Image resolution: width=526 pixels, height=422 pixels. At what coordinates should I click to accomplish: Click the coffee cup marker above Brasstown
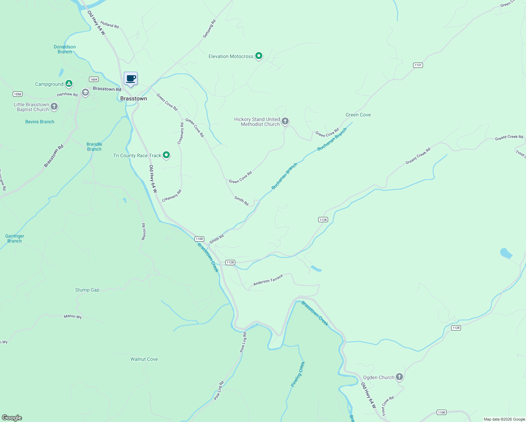pyautogui.click(x=130, y=79)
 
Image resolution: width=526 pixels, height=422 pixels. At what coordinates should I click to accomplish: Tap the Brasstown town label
pyautogui.click(x=134, y=98)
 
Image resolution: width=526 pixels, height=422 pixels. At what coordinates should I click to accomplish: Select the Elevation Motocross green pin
pyautogui.click(x=259, y=56)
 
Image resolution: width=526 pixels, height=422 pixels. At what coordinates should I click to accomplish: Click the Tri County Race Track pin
pyautogui.click(x=166, y=155)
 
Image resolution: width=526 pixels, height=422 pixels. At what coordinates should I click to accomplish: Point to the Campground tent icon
pyautogui.click(x=69, y=84)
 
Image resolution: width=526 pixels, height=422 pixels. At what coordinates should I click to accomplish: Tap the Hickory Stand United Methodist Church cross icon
pyautogui.click(x=285, y=121)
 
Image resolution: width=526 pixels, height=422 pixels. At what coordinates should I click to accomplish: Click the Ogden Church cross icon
pyautogui.click(x=399, y=377)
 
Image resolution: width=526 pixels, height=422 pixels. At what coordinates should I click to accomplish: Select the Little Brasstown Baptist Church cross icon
pyautogui.click(x=54, y=106)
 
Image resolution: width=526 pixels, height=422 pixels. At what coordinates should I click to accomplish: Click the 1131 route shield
pyautogui.click(x=418, y=65)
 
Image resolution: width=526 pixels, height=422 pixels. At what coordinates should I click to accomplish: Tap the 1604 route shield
pyautogui.click(x=94, y=79)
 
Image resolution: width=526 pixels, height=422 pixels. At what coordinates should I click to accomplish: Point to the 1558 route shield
pyautogui.click(x=17, y=94)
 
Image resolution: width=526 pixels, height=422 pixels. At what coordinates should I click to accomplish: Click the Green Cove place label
pyautogui.click(x=358, y=115)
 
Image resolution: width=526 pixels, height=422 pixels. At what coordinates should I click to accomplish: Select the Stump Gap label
pyautogui.click(x=87, y=290)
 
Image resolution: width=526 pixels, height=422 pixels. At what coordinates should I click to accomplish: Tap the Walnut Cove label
pyautogui.click(x=144, y=359)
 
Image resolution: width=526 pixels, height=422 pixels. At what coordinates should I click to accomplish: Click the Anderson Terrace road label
pyautogui.click(x=268, y=280)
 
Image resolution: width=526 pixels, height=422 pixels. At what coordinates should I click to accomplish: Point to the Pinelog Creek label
pyautogui.click(x=298, y=374)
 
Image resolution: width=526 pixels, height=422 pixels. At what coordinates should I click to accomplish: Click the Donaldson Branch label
pyautogui.click(x=65, y=49)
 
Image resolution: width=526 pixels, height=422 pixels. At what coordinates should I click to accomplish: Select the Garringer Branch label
pyautogui.click(x=15, y=238)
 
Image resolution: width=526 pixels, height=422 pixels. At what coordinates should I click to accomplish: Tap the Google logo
pyautogui.click(x=12, y=418)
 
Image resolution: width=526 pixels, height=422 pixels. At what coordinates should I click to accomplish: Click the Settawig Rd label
pyautogui.click(x=209, y=29)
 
